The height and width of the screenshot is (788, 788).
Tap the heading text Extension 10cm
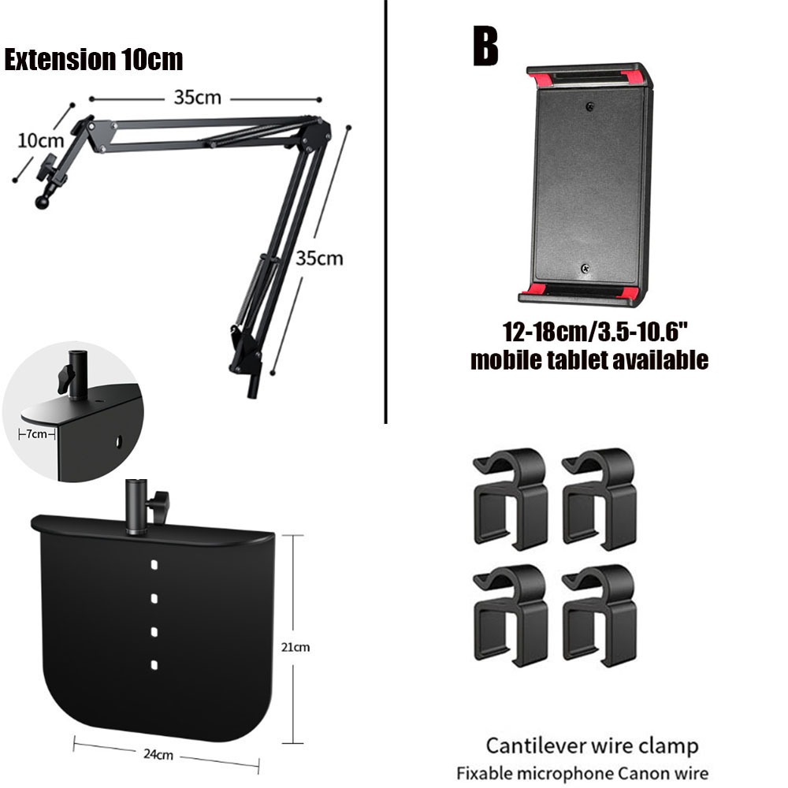[93, 60]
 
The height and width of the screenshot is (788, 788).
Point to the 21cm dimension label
[296, 647]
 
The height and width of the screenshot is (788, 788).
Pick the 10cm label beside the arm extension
[40, 141]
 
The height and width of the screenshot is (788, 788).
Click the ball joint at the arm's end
[41, 203]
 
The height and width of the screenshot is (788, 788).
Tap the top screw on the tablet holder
[589, 105]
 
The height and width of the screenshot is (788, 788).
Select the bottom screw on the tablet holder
[585, 269]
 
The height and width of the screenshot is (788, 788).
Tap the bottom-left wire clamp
[510, 613]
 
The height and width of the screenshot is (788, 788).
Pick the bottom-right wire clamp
[599, 613]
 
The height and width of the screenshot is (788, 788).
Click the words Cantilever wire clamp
[591, 745]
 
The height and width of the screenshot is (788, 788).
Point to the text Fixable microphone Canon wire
[582, 773]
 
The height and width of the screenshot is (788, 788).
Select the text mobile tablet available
[589, 360]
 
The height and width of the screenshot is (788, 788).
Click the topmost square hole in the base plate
[154, 565]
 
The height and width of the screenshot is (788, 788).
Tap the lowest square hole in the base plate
[154, 665]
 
